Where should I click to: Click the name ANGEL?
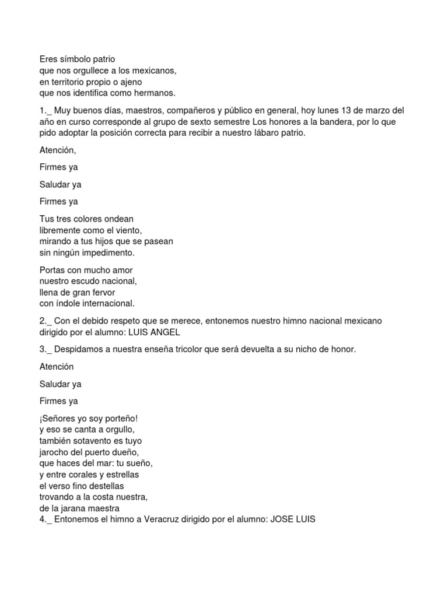(167, 332)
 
